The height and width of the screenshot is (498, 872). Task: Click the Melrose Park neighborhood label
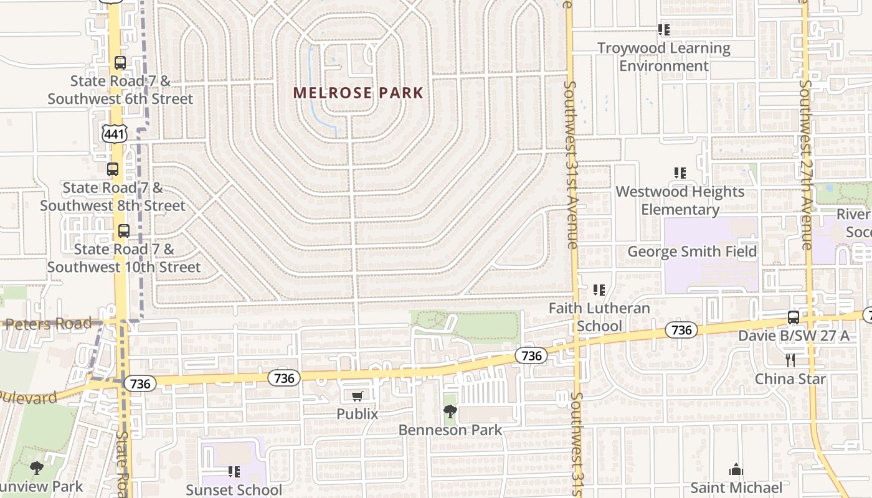point(358,93)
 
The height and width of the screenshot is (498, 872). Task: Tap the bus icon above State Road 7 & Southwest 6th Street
point(120,63)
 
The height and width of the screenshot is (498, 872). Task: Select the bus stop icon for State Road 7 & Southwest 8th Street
point(113,169)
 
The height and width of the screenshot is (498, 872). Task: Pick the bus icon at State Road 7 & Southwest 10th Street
point(124,231)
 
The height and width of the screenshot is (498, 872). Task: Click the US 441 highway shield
point(115,133)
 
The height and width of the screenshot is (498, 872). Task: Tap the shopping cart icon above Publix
point(358,397)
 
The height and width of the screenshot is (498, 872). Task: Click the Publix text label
point(358,413)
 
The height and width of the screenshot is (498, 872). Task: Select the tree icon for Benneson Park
point(450,411)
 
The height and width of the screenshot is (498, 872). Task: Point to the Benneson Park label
point(450,430)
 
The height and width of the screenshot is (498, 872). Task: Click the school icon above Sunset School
point(234,472)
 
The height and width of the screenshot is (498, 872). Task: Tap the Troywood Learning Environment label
point(664,57)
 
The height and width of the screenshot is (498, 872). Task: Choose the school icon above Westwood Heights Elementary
point(680,173)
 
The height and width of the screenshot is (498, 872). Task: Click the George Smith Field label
point(692,251)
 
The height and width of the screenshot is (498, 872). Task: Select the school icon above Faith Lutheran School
point(599,289)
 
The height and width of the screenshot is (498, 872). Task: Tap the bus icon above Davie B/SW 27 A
point(793,317)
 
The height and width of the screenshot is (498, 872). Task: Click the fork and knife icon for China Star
point(790,360)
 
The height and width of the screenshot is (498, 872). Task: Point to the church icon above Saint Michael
point(736,469)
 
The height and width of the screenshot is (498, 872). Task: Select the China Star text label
point(790,378)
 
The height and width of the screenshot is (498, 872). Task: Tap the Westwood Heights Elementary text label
point(680,200)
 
